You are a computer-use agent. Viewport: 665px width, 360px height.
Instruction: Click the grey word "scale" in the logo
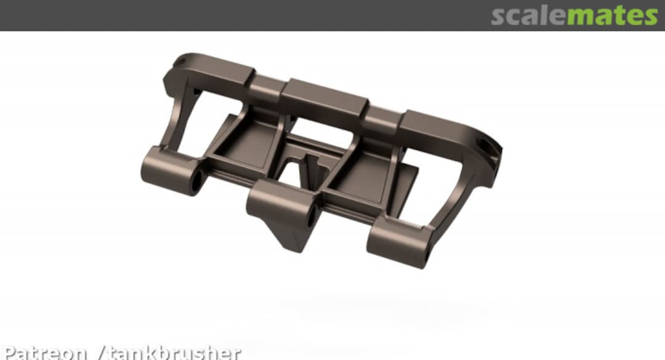[528, 16]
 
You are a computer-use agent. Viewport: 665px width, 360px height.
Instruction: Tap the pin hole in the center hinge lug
[311, 217]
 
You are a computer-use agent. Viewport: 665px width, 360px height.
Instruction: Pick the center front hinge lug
[280, 203]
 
